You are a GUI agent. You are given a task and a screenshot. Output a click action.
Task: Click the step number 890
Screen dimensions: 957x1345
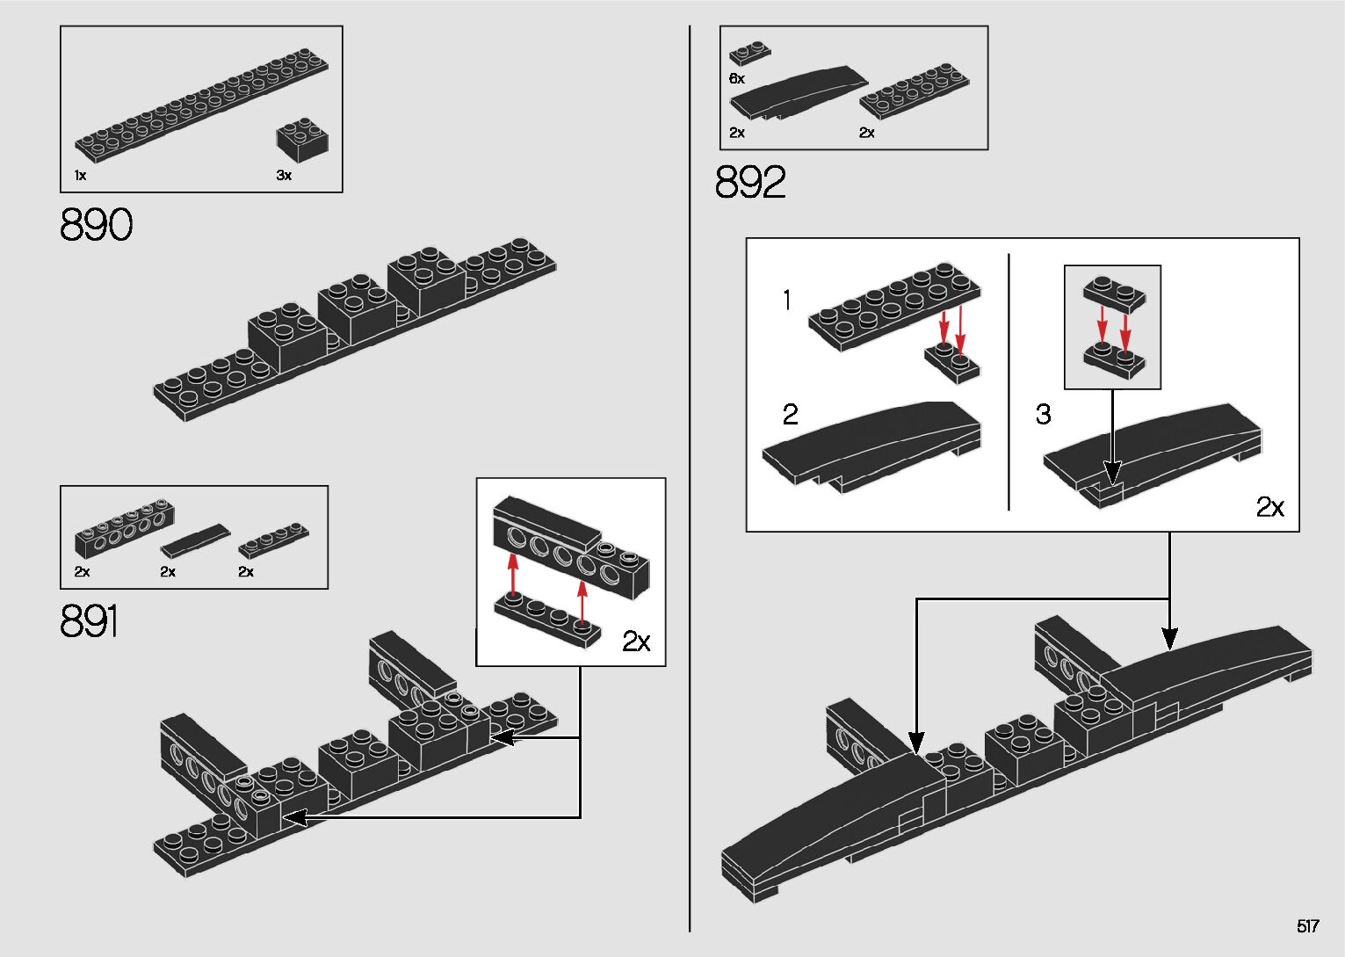97,225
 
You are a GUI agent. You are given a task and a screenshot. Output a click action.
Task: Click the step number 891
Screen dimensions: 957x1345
90,621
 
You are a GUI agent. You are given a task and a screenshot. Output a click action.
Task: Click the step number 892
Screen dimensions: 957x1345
750,183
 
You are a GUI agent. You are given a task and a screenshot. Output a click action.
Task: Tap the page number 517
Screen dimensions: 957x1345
1307,926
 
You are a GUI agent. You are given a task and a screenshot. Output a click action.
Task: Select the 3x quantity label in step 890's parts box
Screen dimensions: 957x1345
284,176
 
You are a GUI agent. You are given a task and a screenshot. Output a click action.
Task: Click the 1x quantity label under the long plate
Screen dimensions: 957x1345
80,176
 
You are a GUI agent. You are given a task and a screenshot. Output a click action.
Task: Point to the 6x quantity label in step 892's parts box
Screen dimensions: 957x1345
736,79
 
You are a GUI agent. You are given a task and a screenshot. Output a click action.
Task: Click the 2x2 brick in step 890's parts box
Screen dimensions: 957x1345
302,140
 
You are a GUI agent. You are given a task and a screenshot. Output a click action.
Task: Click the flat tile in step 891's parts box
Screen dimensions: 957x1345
195,540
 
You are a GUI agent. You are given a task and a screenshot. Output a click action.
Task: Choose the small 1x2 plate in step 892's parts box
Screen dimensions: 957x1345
749,53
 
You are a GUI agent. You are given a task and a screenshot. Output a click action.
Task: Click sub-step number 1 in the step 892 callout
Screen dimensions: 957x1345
787,301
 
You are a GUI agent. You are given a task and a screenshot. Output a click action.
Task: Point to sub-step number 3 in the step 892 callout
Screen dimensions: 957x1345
1043,414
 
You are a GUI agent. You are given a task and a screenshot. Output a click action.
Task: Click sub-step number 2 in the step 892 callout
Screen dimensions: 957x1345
790,414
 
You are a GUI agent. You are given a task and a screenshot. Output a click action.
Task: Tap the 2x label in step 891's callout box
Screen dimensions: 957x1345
636,642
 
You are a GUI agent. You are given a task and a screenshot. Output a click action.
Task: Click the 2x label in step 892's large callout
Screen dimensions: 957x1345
1269,507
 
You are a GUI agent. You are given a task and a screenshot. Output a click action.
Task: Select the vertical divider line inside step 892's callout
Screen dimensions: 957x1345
1009,382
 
